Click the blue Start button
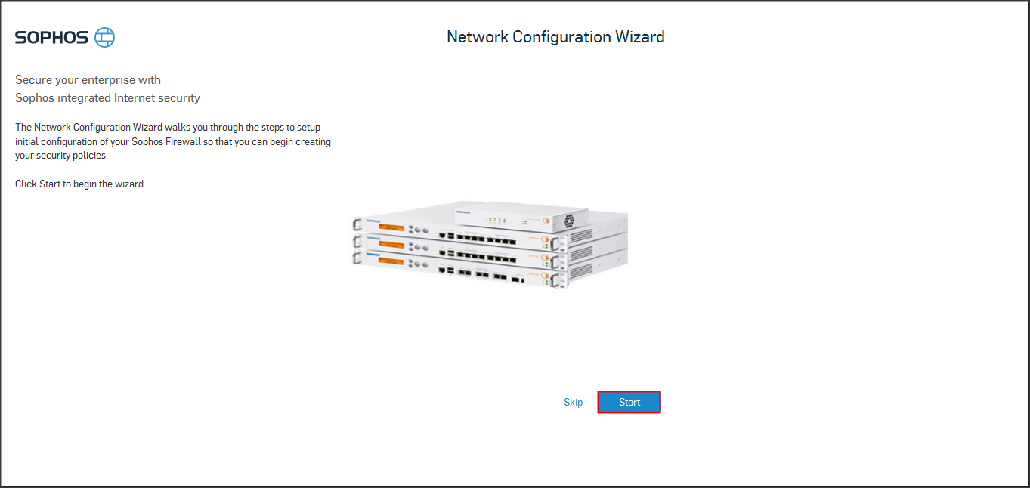click(x=629, y=402)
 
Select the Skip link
click(x=573, y=402)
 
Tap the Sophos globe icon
click(x=105, y=37)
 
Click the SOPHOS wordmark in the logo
click(x=51, y=37)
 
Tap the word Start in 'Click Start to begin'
click(x=50, y=184)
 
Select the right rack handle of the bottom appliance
click(x=559, y=280)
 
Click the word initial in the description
click(x=28, y=142)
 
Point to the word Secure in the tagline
click(x=32, y=79)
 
